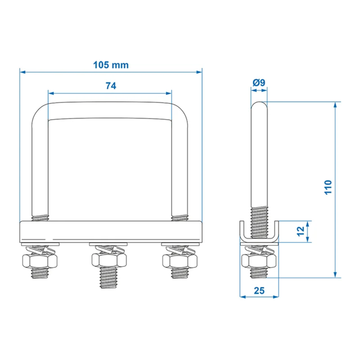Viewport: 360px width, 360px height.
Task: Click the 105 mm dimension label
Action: click(x=111, y=65)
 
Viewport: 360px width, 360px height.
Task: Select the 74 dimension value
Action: click(x=111, y=85)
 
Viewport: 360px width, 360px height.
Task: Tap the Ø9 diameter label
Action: click(x=259, y=83)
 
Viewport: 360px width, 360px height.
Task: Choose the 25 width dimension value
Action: click(x=259, y=290)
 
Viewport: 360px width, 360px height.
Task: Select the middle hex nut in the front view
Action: click(x=110, y=260)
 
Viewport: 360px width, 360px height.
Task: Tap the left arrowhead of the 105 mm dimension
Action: click(x=23, y=71)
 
